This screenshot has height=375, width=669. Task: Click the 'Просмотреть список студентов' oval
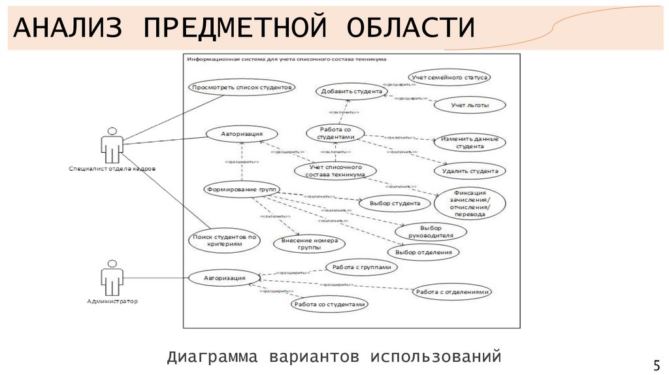coord(242,87)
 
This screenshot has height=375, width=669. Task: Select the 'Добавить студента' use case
coord(351,91)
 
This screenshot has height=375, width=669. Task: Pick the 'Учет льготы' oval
coord(469,105)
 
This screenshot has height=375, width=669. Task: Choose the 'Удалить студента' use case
coord(469,172)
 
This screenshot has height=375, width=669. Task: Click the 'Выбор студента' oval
coord(395,204)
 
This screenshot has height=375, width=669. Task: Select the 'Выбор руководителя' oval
coord(431,231)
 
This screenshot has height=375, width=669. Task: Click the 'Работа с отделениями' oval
coord(451,292)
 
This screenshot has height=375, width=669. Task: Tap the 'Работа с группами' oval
coord(361,267)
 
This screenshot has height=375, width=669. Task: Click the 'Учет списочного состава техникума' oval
coord(336,171)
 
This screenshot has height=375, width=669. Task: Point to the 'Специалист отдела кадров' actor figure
coord(112,146)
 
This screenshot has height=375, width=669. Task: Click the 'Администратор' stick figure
coord(112,278)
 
